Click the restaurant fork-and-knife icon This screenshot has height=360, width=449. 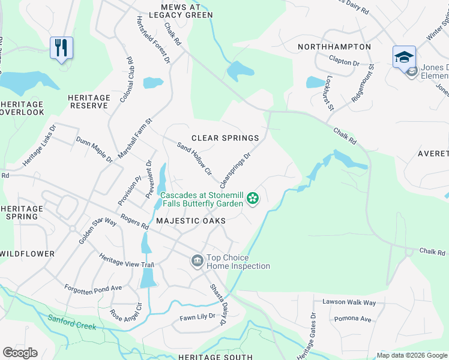coord(61,47)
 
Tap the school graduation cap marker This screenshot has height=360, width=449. coord(404,56)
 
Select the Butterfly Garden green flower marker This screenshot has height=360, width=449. coord(253,197)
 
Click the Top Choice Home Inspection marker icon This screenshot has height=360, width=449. coord(197,261)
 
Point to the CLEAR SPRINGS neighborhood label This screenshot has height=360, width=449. coord(225,138)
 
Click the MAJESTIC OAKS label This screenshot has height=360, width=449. coord(191,221)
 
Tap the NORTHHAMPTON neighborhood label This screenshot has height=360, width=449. coord(334,47)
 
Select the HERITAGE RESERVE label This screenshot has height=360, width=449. coord(89,101)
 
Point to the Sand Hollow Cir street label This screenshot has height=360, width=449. coord(194,159)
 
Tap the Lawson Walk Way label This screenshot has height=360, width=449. coord(349,302)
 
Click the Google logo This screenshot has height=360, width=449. coord(20,353)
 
